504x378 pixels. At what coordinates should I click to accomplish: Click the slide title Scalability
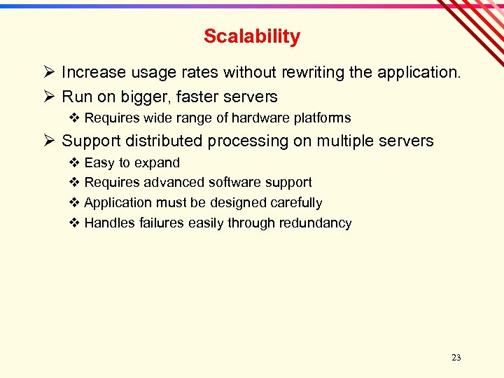click(252, 36)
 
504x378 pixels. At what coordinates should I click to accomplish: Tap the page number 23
click(456, 358)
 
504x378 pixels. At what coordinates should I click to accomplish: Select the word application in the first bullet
click(419, 72)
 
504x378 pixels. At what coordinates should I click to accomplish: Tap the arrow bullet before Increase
click(48, 72)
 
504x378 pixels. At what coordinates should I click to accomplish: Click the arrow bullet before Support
click(48, 141)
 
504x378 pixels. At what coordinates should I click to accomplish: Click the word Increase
click(94, 72)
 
